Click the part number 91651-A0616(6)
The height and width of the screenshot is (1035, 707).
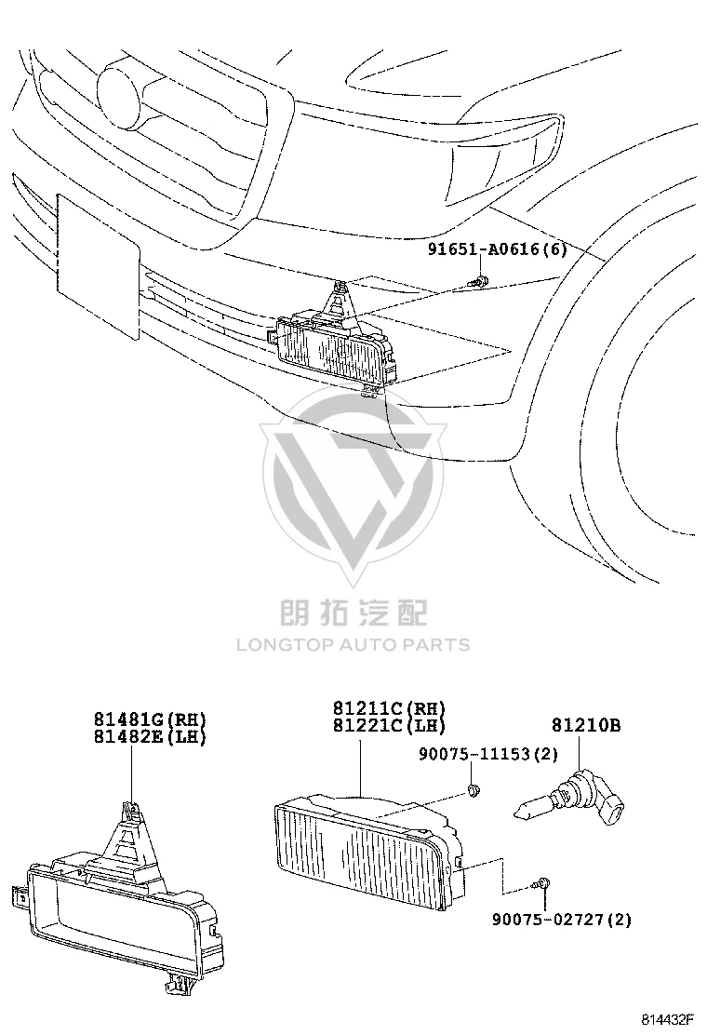[x=498, y=249]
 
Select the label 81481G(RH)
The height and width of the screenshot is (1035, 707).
[x=150, y=719]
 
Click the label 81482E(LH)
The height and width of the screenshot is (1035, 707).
[x=150, y=736]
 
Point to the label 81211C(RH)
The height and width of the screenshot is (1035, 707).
[x=389, y=708]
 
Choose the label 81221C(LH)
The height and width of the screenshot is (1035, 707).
[x=389, y=725]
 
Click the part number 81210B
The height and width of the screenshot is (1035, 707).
[x=586, y=725]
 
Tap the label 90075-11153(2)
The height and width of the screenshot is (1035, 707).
[x=488, y=753]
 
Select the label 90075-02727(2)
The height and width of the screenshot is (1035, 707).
[x=562, y=918]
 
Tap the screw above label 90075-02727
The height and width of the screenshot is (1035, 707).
[x=540, y=883]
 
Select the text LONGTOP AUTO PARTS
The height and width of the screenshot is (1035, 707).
[x=353, y=644]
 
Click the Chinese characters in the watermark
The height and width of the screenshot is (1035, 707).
[x=353, y=612]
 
